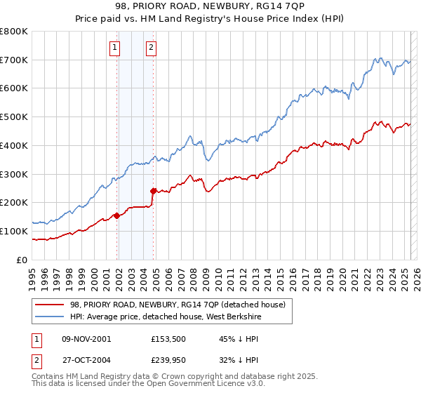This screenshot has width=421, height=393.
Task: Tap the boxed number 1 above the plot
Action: click(114, 48)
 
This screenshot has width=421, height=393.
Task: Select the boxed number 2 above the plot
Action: click(151, 48)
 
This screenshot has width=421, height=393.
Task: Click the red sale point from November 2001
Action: click(116, 216)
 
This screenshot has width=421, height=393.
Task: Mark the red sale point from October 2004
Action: click(153, 190)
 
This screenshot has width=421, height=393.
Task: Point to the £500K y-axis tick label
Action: click(14, 117)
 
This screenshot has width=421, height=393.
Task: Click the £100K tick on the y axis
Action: click(14, 231)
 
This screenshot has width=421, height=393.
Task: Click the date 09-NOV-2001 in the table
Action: click(86, 339)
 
